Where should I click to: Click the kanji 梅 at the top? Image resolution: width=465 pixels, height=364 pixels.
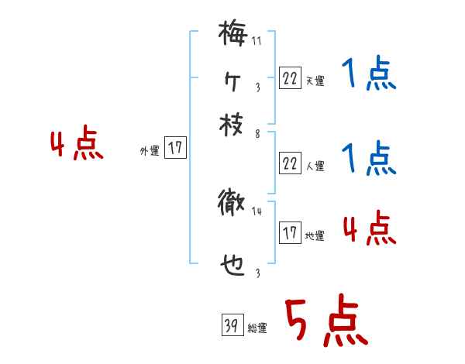point(232,34)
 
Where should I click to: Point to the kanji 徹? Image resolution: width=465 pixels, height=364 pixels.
point(232,204)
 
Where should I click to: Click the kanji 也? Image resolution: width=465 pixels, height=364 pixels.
point(232,265)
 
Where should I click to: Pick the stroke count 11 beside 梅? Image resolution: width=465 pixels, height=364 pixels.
point(257,41)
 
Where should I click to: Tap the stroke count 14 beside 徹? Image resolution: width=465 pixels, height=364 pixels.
point(257,211)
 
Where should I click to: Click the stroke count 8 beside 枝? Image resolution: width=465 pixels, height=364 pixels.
point(257,133)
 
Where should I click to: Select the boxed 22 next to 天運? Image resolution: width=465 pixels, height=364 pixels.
point(289,77)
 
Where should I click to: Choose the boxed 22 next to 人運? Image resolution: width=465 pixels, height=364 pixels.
point(289,163)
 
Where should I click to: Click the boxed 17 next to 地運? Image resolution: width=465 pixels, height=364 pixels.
point(290,233)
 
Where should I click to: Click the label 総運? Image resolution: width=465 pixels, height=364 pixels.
point(257,328)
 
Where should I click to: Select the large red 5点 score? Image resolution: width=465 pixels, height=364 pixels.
point(325,322)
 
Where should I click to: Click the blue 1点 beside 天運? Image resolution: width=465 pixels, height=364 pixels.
point(368,76)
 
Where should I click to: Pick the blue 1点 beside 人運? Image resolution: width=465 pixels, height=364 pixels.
point(368,159)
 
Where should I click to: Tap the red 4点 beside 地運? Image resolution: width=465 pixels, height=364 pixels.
point(369,229)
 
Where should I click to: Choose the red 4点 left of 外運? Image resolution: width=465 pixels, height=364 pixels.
point(77,145)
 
